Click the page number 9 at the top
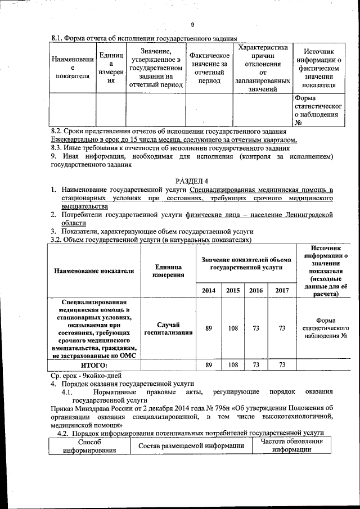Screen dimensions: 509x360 tap(192, 25)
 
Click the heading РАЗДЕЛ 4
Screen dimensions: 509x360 tap(192, 180)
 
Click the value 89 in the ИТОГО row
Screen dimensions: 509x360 tap(209, 365)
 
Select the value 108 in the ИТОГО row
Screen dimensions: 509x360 tap(232, 365)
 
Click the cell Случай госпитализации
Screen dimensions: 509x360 tap(166, 328)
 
